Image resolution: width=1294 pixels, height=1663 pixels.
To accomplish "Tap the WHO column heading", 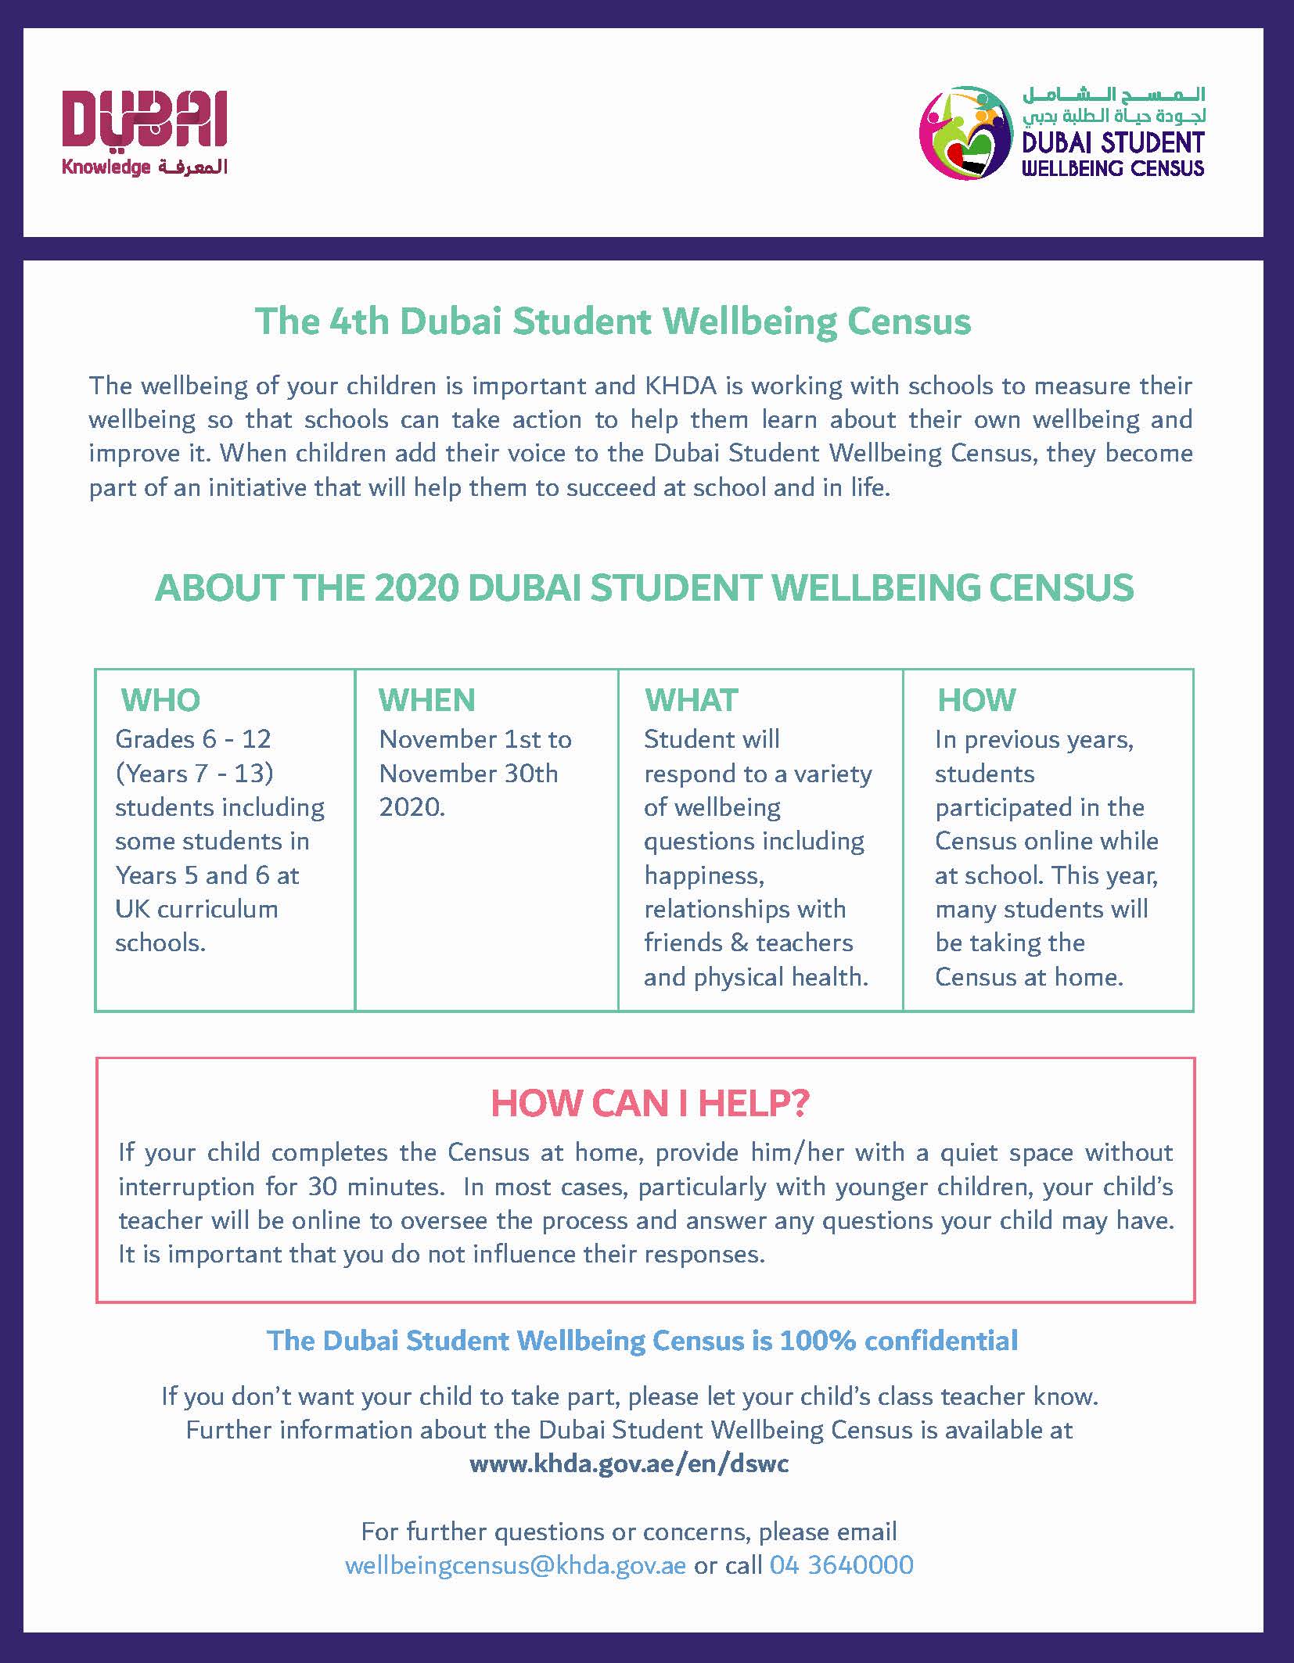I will click(160, 700).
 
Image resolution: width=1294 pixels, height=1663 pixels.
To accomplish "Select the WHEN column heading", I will click(427, 700).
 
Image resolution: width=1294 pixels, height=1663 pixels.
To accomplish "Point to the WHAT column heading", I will click(692, 700).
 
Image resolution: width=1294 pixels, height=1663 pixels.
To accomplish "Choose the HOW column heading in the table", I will click(976, 700).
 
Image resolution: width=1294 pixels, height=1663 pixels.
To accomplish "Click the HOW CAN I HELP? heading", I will click(649, 1103).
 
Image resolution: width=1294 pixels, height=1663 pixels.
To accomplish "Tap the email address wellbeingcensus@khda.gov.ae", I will click(516, 1564).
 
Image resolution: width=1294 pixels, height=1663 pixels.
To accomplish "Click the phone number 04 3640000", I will click(842, 1564).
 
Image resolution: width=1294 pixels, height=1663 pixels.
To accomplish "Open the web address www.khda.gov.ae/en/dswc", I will click(629, 1464).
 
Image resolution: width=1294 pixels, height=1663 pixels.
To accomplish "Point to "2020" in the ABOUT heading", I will click(415, 588).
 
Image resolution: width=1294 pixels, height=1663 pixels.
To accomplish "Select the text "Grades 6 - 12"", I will click(193, 739).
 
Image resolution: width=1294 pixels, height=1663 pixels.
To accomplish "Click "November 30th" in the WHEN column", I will click(469, 774).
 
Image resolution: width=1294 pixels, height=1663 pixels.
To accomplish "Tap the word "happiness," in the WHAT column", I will click(704, 875).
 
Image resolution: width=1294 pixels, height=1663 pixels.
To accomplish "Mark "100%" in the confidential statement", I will click(818, 1341).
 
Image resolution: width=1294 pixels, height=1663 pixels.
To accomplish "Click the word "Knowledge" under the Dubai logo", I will click(106, 167).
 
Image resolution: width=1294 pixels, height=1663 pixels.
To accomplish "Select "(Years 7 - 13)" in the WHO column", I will click(194, 774).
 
